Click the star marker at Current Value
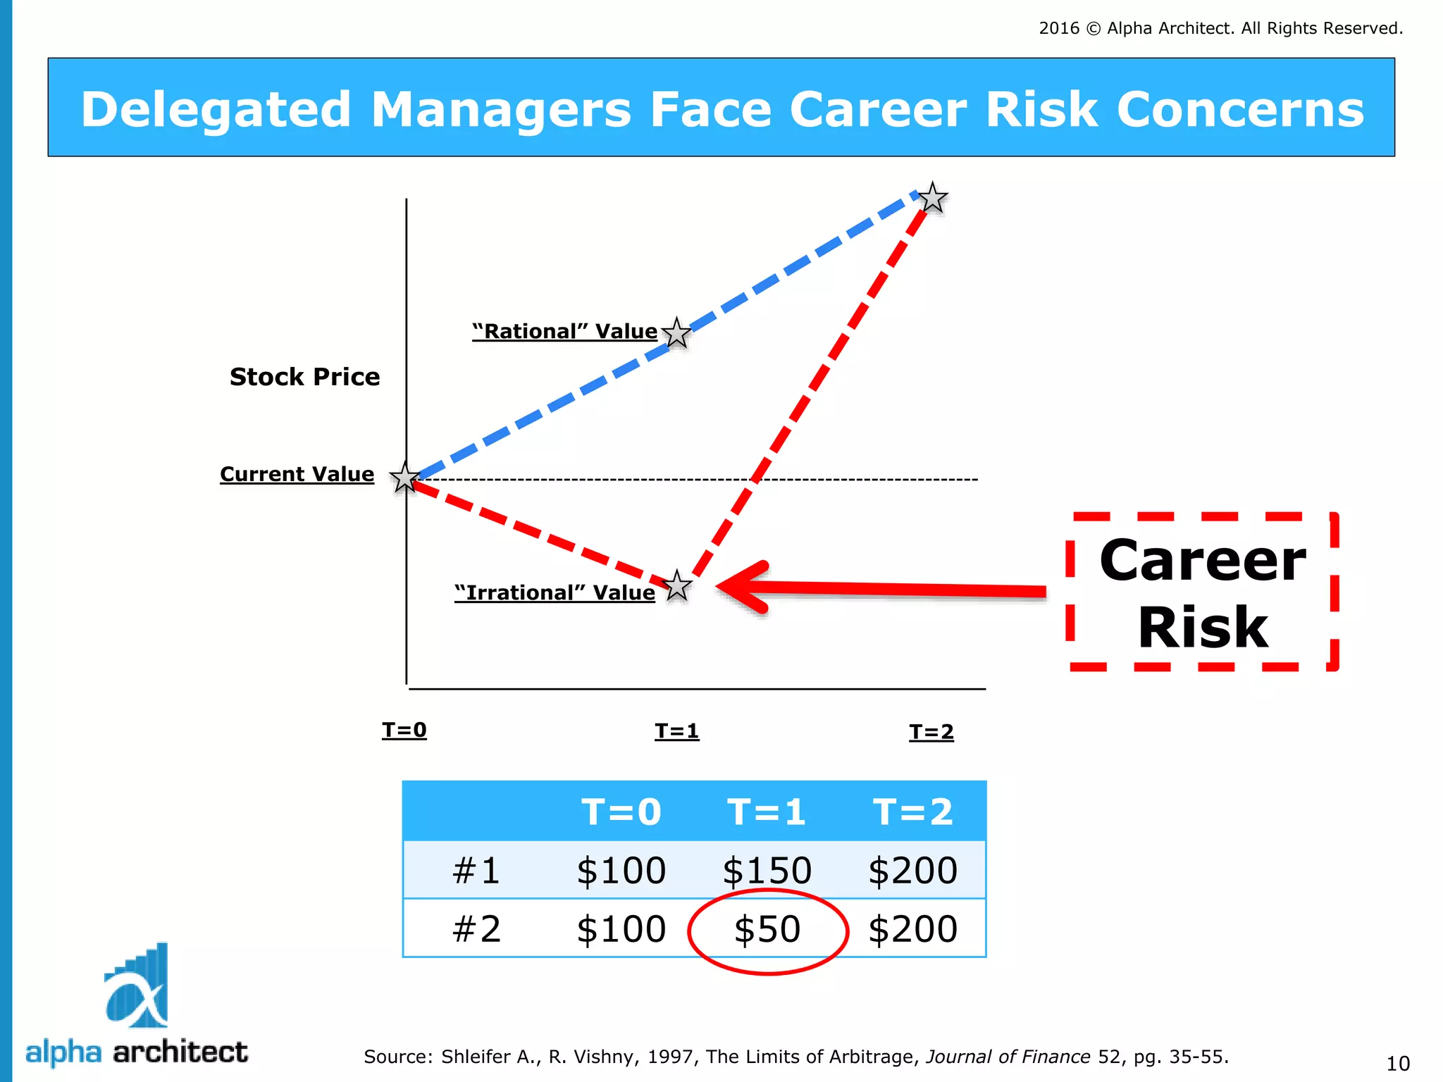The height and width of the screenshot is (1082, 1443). tap(405, 478)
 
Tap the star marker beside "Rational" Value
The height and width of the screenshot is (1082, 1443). tap(676, 333)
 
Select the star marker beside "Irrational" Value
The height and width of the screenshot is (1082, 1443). tap(677, 586)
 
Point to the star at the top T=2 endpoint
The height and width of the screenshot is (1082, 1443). tap(933, 198)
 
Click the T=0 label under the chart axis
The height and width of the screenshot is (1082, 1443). tap(404, 730)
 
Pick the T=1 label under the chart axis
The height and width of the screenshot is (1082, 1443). tap(676, 731)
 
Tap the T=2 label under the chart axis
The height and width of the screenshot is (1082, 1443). tap(931, 732)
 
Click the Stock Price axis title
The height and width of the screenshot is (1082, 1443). tap(304, 377)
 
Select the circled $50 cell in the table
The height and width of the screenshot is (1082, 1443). tap(767, 929)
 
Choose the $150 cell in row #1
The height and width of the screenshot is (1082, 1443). tap(767, 871)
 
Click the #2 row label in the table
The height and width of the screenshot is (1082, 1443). tap(476, 929)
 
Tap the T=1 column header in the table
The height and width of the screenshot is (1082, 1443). tap(767, 811)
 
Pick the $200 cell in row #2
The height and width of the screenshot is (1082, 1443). tap(913, 929)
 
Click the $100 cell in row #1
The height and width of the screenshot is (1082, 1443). tap(621, 871)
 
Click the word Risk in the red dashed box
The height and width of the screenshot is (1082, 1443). tap(1203, 628)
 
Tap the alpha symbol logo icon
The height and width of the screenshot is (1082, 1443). tap(137, 986)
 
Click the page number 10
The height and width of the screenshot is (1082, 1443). tap(1398, 1063)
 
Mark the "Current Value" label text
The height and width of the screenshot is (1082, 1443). tap(297, 474)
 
